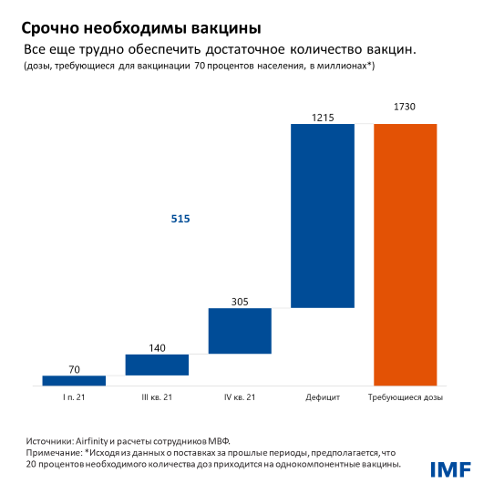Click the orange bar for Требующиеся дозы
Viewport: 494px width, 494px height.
pyautogui.click(x=405, y=254)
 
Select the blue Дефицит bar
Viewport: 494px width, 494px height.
pyautogui.click(x=322, y=215)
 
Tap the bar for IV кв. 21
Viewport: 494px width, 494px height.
pyautogui.click(x=240, y=330)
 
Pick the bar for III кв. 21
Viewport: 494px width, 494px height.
pyautogui.click(x=157, y=365)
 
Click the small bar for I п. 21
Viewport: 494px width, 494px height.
pyautogui.click(x=74, y=381)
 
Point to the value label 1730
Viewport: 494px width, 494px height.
pyautogui.click(x=406, y=108)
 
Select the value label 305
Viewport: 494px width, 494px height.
pyautogui.click(x=240, y=301)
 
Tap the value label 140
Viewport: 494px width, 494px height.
pyautogui.click(x=157, y=347)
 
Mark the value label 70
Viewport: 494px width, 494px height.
pyautogui.click(x=74, y=369)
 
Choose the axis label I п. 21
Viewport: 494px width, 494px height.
pyautogui.click(x=74, y=398)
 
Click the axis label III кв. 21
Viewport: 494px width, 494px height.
pyautogui.click(x=157, y=398)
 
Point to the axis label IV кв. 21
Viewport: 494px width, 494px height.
pyautogui.click(x=240, y=398)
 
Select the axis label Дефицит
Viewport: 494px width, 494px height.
pyautogui.click(x=322, y=398)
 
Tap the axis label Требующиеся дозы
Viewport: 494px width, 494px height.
pyautogui.click(x=405, y=398)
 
